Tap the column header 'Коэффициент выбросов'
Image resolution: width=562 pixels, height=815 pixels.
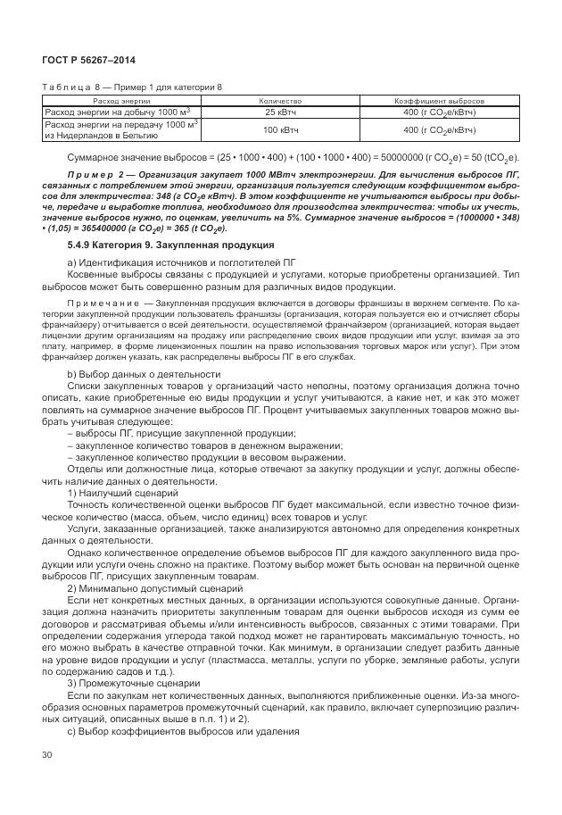(438, 102)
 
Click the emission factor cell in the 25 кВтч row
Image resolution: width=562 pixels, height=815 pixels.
(438, 112)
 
